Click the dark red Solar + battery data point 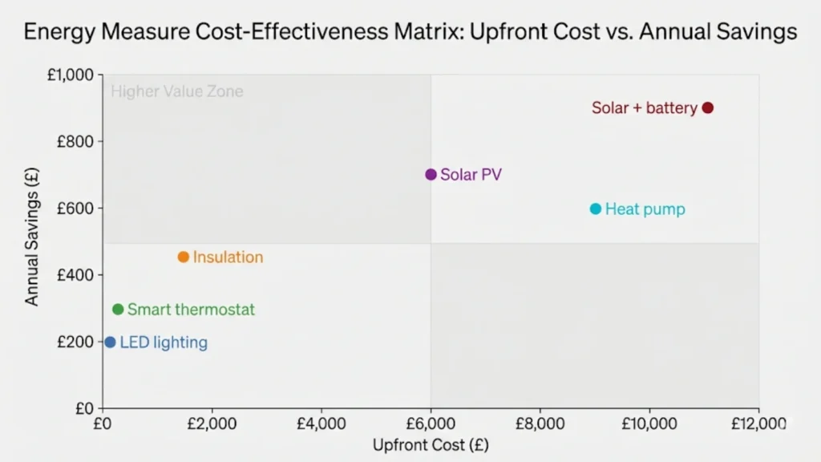tap(707, 107)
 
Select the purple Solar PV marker tap(431, 174)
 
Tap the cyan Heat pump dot tap(596, 209)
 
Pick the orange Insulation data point tap(183, 257)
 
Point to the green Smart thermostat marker tap(118, 309)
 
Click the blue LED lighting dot tap(110, 342)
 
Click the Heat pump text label tap(645, 209)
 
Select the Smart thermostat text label tap(191, 310)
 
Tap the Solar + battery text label tap(644, 107)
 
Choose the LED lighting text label tap(164, 343)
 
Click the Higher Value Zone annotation tap(176, 91)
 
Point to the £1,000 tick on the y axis tap(71, 75)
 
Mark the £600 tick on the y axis tap(76, 209)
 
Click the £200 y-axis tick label tap(76, 342)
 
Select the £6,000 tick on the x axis tap(431, 423)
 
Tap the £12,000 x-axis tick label tap(757, 423)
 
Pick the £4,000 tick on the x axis tap(321, 423)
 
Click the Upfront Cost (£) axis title tap(431, 444)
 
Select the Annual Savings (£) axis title tap(32, 241)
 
